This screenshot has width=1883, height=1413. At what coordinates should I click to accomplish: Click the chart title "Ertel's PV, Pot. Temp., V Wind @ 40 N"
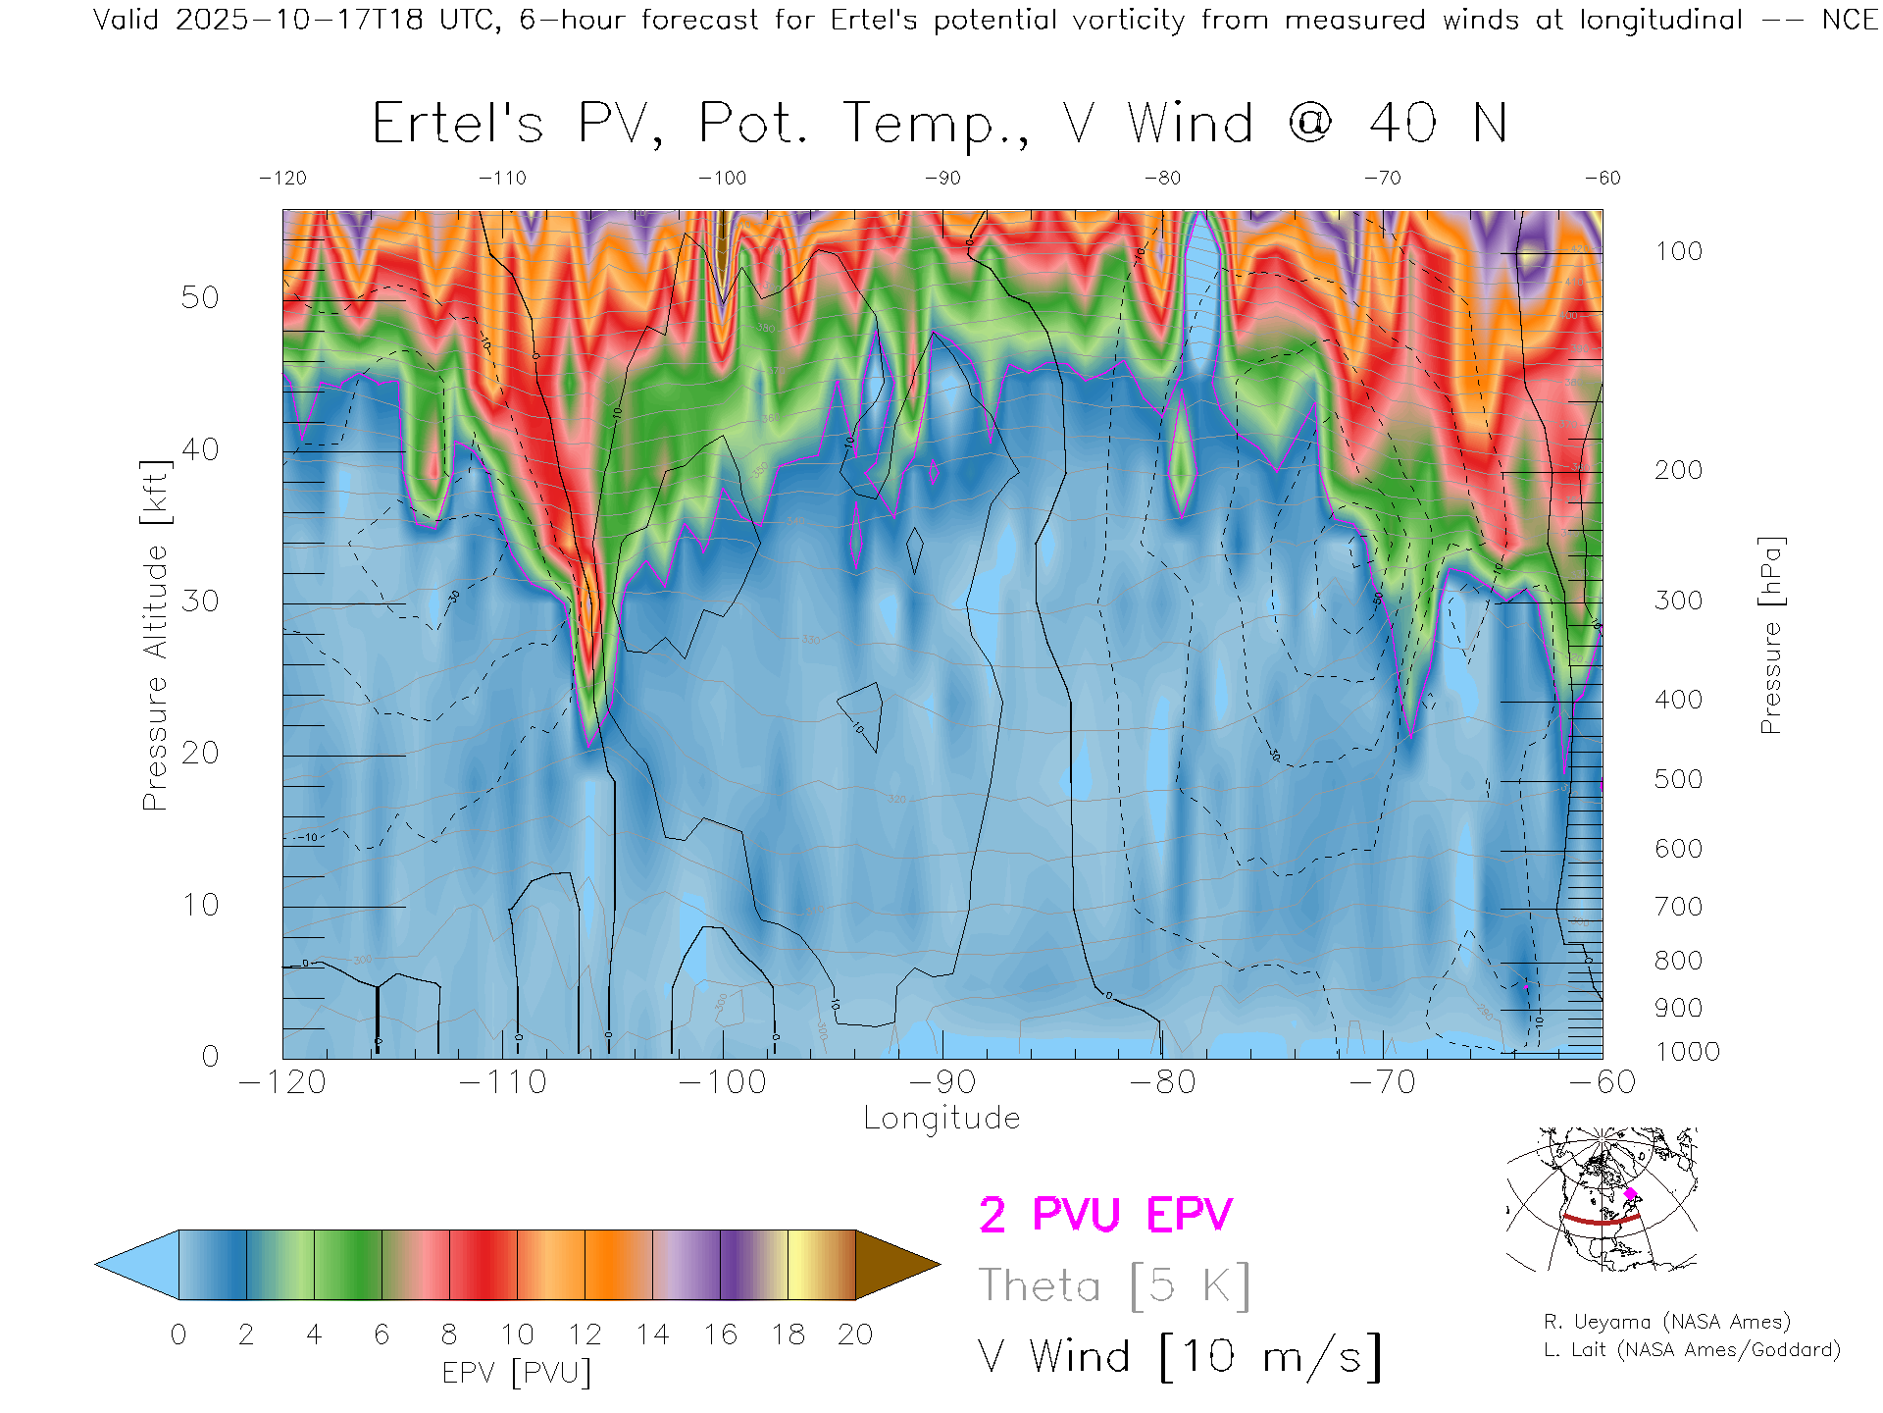tap(939, 125)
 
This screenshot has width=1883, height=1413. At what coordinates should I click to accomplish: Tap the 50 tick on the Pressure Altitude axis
tap(200, 297)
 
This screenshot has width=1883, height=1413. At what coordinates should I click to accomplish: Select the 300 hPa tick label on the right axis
tap(1678, 601)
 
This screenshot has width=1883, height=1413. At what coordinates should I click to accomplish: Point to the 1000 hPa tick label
tap(1687, 1052)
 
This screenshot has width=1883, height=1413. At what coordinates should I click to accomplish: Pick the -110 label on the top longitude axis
tap(502, 178)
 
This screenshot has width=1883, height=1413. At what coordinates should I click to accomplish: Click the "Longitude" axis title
tap(941, 1119)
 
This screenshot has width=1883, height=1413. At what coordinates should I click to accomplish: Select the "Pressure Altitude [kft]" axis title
tap(155, 635)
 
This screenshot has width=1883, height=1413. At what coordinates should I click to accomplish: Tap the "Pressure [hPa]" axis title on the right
tap(1770, 635)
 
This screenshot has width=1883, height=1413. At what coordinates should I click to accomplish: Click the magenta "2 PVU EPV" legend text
tap(1105, 1215)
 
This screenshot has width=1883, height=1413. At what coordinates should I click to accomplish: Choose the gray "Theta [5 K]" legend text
tap(1114, 1285)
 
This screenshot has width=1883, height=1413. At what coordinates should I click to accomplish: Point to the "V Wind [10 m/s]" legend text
tap(1179, 1357)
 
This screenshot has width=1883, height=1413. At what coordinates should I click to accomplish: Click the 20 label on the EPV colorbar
tap(855, 1334)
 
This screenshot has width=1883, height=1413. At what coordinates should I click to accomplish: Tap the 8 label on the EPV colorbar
tap(449, 1334)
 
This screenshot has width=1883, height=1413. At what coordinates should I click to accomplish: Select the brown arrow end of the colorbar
tap(894, 1265)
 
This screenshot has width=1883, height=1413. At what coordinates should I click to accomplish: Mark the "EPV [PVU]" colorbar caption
tap(517, 1373)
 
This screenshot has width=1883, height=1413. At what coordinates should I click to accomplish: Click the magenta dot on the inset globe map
tap(1630, 1194)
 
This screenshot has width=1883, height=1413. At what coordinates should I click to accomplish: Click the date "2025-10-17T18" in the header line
tap(299, 20)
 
